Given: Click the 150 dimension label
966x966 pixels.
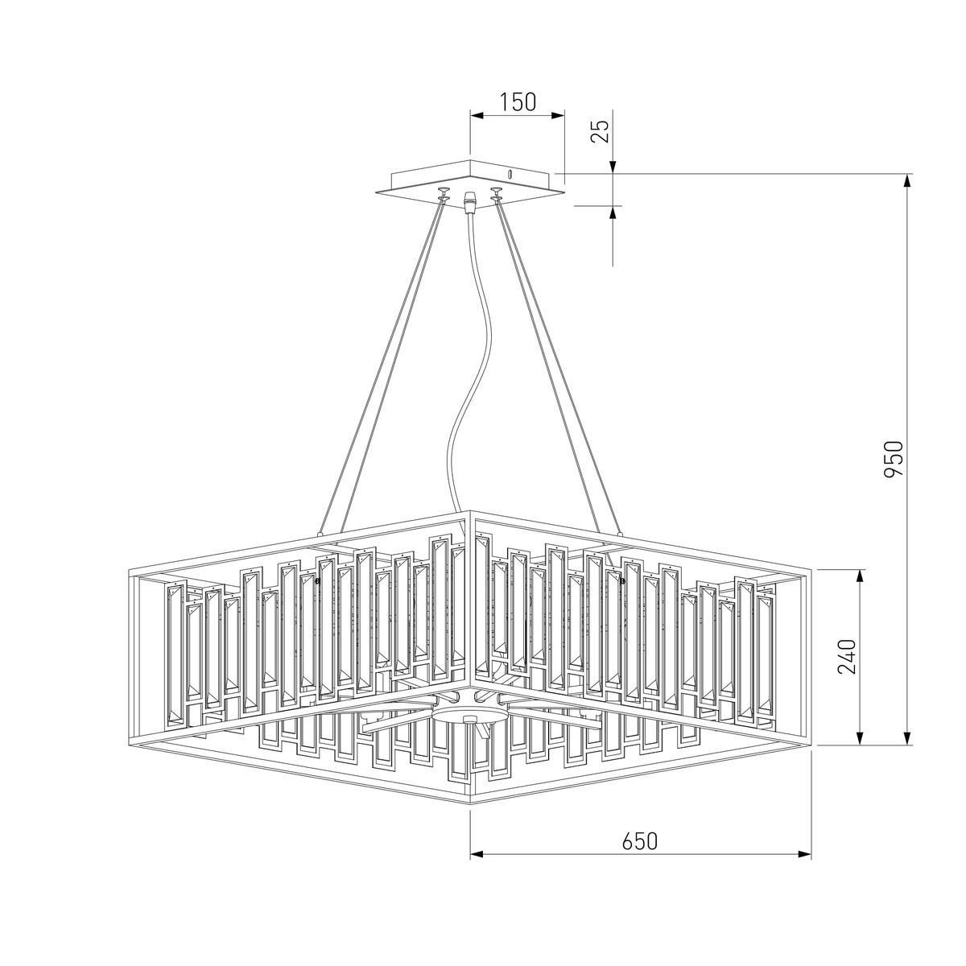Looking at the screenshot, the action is pos(518,101).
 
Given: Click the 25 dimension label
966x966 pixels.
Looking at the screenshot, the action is pos(601,132).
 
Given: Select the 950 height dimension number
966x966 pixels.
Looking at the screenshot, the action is pos(893,459).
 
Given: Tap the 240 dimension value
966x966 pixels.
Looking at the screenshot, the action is pos(847,657).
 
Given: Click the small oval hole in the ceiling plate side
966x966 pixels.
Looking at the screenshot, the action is pos(510,175).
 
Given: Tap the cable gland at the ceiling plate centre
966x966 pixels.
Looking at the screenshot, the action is pos(469,202).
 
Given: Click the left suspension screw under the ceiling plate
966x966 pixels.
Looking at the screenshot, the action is pos(443,193).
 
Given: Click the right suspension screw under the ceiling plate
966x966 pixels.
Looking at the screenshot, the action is pos(497,193).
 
